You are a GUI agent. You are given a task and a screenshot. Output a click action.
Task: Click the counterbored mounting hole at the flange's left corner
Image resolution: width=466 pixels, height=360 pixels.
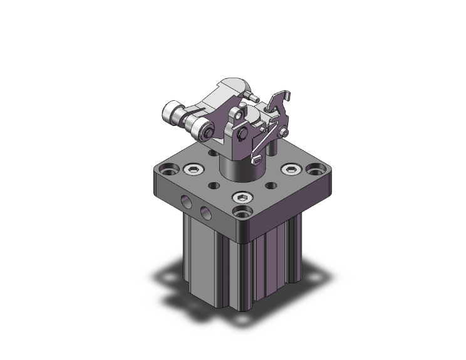pyautogui.click(x=167, y=168)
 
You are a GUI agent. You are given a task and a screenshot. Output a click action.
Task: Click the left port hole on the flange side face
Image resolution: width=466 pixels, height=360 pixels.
pyautogui.click(x=187, y=202)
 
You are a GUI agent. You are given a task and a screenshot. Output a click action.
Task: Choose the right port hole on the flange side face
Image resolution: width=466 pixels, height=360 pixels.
pyautogui.click(x=205, y=213)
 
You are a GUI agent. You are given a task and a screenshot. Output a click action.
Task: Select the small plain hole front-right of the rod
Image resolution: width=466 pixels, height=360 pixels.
pyautogui.click(x=271, y=186)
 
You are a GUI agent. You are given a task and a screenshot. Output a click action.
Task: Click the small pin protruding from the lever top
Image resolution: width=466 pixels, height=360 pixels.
pyautogui.click(x=253, y=97)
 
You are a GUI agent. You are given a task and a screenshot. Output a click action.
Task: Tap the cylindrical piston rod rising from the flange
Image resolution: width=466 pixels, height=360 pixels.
pyautogui.click(x=241, y=168)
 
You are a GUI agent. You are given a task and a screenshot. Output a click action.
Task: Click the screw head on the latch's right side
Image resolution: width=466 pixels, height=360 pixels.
pyautogui.click(x=285, y=132)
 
